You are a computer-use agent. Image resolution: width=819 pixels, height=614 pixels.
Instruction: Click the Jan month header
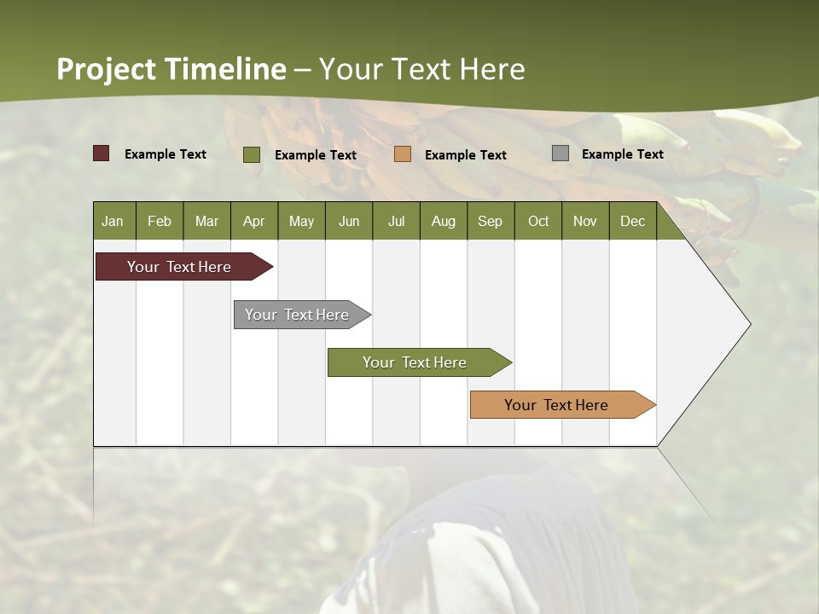[113, 221]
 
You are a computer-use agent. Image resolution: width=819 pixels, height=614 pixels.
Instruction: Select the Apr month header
[253, 221]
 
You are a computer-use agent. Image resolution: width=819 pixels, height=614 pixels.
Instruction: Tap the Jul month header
[396, 221]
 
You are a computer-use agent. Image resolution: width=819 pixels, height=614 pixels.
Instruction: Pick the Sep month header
[490, 221]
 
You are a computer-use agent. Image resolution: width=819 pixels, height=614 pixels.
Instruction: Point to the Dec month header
[632, 221]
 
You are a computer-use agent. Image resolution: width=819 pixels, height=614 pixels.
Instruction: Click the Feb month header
[160, 221]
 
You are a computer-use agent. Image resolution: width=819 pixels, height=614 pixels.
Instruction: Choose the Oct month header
[538, 221]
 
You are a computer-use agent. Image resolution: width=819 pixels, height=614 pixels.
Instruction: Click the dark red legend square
[101, 153]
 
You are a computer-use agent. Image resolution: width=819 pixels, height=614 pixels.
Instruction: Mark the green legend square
[252, 154]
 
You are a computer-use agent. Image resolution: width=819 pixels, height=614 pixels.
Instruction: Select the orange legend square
[403, 154]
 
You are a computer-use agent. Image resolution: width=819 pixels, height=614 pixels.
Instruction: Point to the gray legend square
[561, 153]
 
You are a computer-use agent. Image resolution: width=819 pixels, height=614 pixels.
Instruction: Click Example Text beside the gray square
[622, 154]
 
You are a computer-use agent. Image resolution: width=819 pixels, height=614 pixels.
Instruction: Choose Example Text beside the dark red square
[166, 154]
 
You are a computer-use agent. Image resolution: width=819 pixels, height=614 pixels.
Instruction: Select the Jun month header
[349, 221]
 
